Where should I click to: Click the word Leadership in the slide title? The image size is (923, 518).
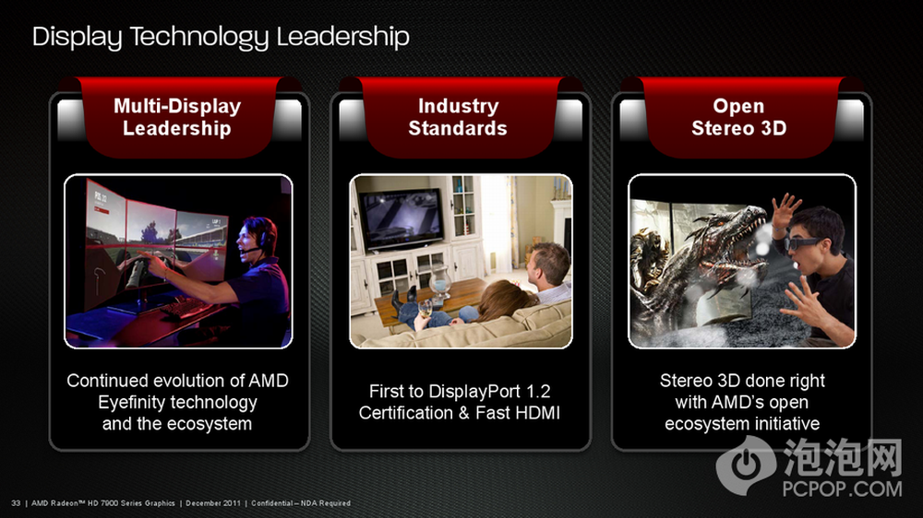click(x=342, y=37)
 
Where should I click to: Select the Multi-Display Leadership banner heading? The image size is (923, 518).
click(x=177, y=117)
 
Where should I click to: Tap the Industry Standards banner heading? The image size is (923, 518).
click(x=458, y=117)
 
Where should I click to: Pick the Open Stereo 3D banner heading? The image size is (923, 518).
click(x=738, y=117)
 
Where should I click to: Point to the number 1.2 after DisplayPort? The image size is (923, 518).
click(x=537, y=392)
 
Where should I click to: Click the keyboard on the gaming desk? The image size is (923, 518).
click(x=184, y=307)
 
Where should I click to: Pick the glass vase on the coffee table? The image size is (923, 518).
click(x=439, y=280)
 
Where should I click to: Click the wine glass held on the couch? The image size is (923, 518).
click(x=425, y=306)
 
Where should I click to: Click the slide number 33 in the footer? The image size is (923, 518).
click(x=16, y=503)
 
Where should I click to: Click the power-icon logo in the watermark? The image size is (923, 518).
click(x=746, y=465)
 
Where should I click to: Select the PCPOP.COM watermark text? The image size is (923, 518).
click(x=842, y=489)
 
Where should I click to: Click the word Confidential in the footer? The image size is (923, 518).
click(x=272, y=503)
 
